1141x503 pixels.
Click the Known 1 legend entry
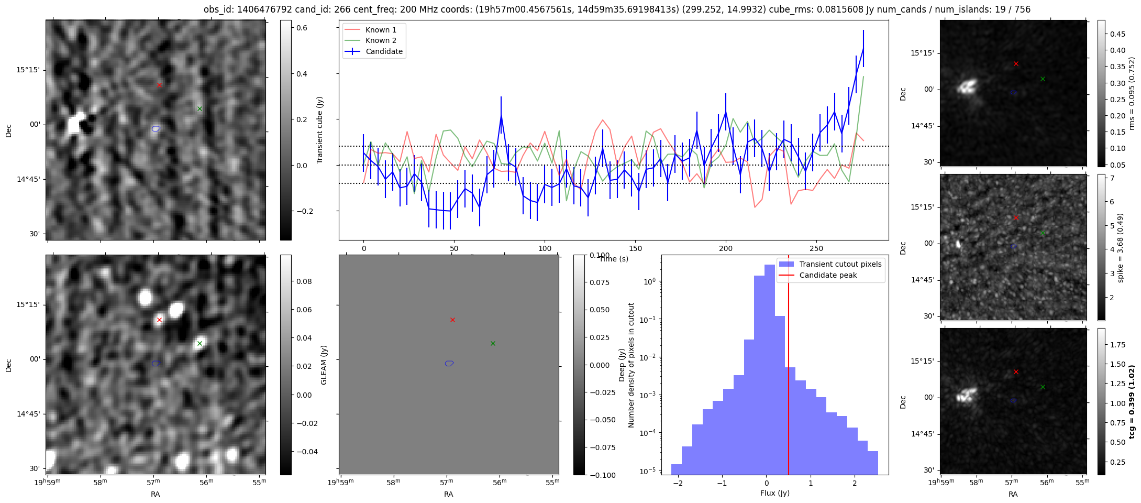(373, 30)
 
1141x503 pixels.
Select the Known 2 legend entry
(373, 40)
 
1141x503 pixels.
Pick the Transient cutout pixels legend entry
(830, 264)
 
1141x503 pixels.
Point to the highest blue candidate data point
(863, 48)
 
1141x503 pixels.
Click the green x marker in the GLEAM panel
(493, 343)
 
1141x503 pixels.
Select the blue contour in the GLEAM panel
(449, 363)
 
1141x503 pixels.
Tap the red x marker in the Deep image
(159, 320)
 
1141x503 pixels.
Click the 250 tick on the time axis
(816, 248)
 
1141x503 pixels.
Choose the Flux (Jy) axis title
(774, 493)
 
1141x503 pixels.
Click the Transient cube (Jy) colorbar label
(320, 130)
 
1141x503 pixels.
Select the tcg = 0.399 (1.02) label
(1132, 402)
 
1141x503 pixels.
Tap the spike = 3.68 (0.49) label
(1120, 247)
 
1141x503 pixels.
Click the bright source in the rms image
(967, 86)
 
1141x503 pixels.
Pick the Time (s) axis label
(614, 259)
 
